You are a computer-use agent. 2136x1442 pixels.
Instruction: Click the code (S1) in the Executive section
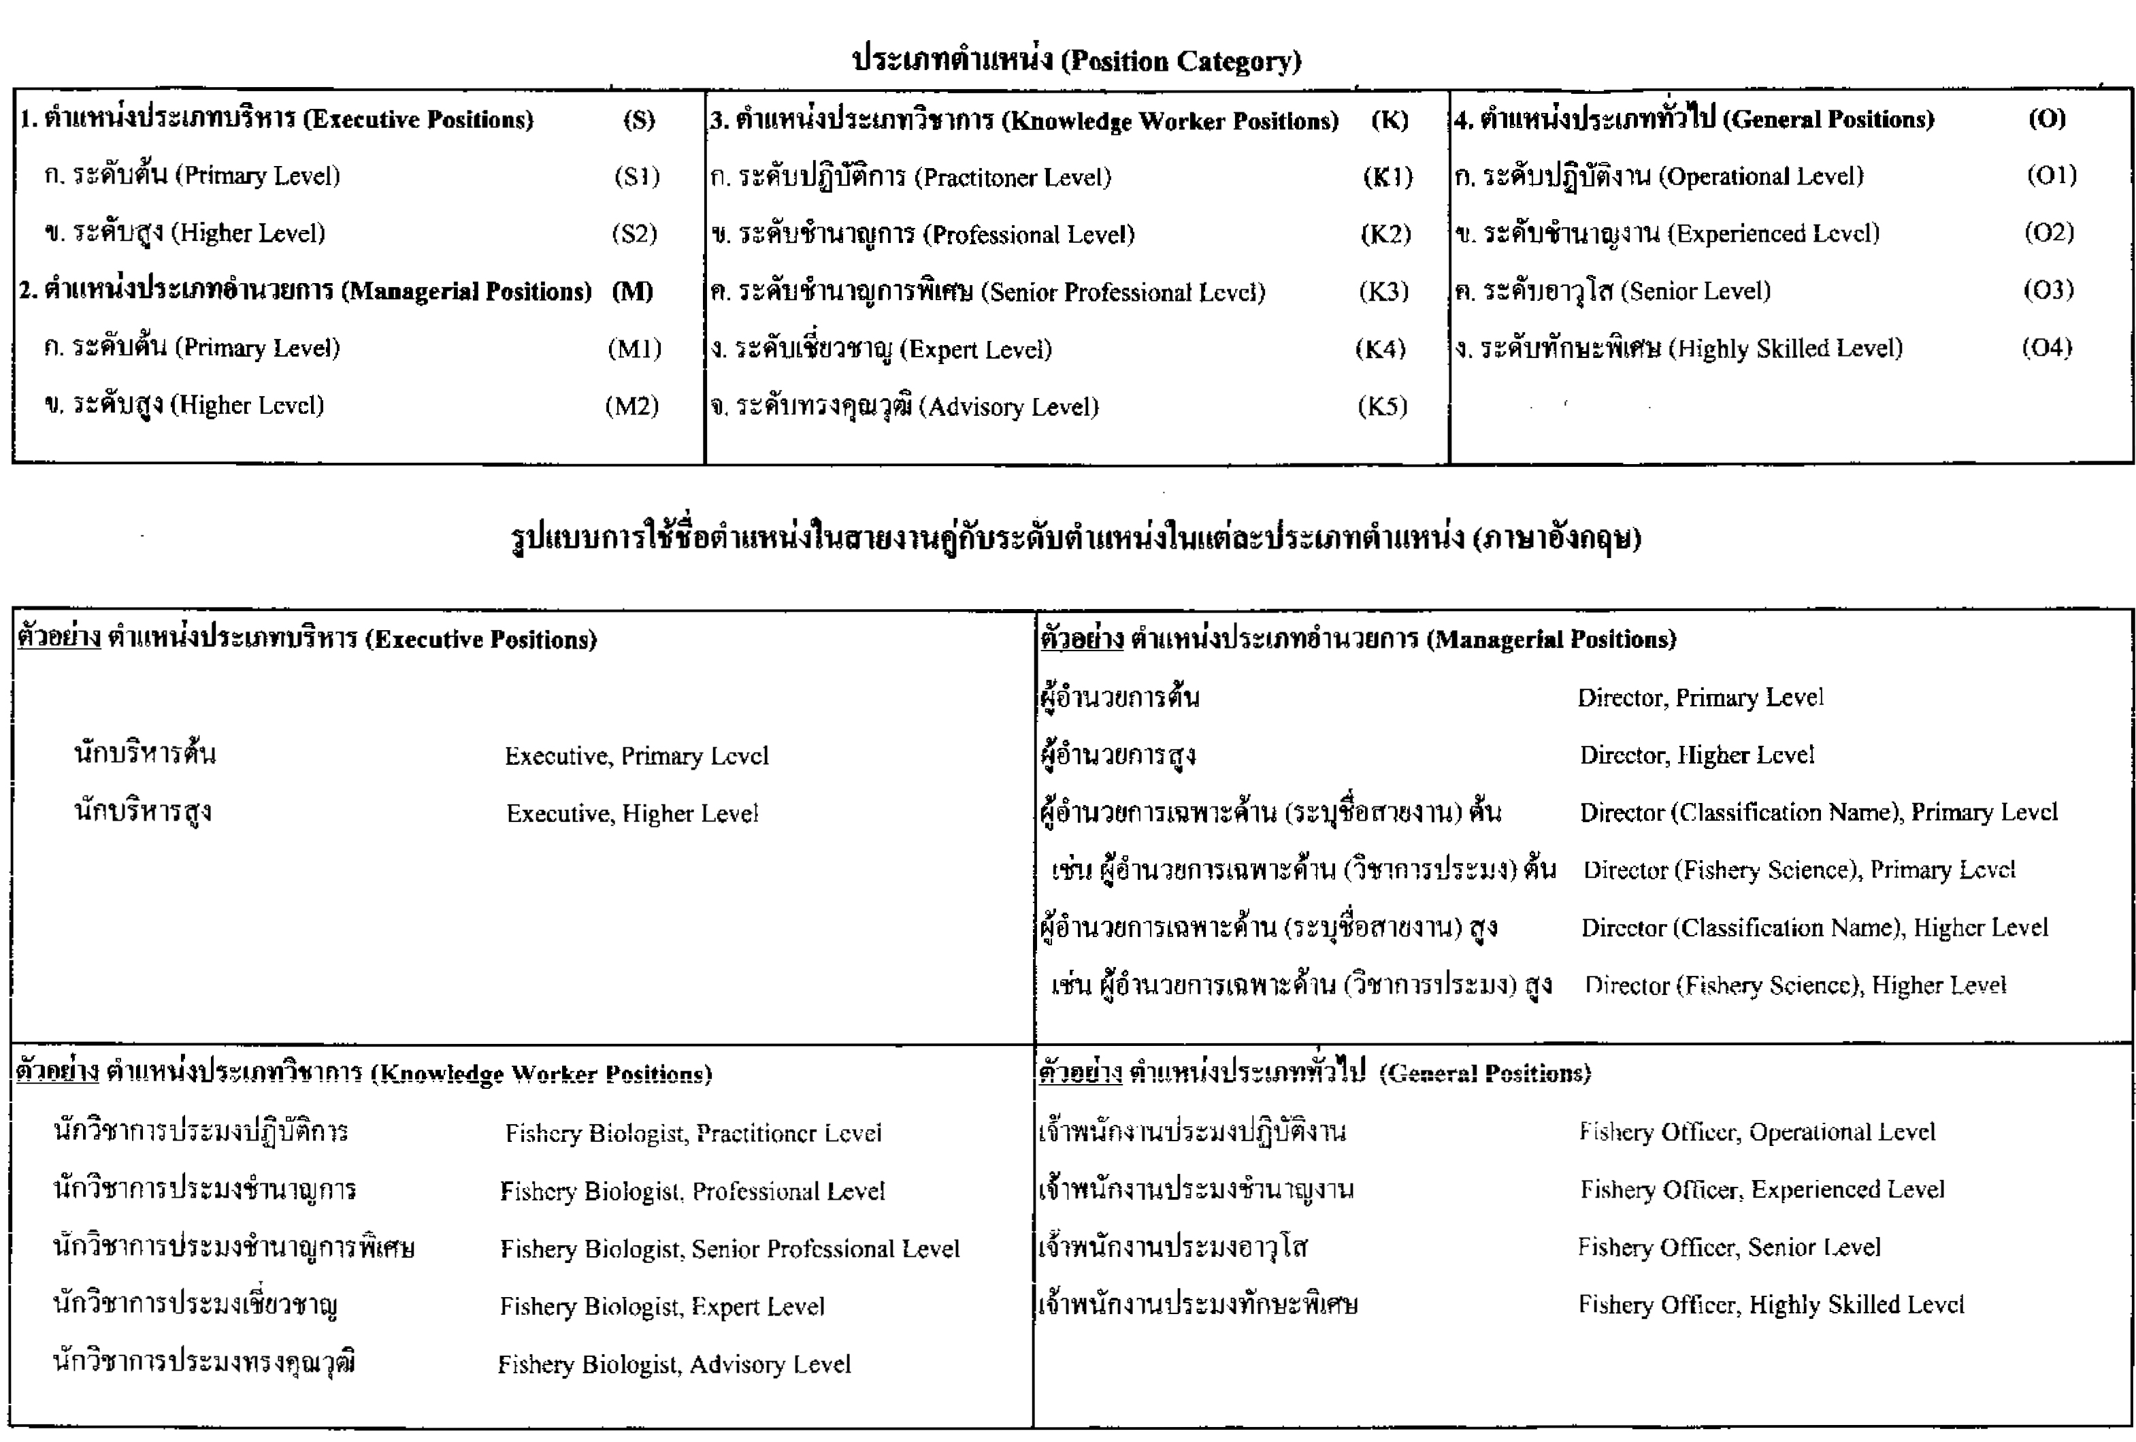(x=637, y=176)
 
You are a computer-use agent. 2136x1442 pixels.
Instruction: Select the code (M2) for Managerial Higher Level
(x=632, y=406)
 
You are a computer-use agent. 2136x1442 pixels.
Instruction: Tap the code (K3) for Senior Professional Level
(x=1383, y=291)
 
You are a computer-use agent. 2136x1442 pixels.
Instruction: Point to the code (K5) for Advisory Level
(x=1382, y=406)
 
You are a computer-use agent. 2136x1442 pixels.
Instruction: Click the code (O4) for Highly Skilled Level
(x=2047, y=348)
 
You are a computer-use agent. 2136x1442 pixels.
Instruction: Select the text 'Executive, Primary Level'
(x=636, y=756)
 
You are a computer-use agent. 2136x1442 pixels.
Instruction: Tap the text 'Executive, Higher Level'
(x=632, y=813)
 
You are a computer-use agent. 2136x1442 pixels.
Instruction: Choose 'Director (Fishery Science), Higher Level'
(x=1795, y=985)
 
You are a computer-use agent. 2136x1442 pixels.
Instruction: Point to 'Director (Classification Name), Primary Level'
(x=1818, y=813)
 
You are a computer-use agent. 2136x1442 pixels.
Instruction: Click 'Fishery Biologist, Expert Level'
(x=661, y=1306)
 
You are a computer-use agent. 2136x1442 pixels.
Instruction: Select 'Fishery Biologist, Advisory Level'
(x=674, y=1364)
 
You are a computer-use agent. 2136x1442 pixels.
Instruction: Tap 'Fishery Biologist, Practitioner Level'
(x=693, y=1133)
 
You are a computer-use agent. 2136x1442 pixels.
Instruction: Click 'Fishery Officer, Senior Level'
(x=1729, y=1247)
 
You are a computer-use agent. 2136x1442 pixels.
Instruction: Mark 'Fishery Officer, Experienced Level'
(x=1762, y=1190)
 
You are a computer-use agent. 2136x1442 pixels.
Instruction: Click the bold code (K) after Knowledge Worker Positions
(x=1389, y=120)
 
